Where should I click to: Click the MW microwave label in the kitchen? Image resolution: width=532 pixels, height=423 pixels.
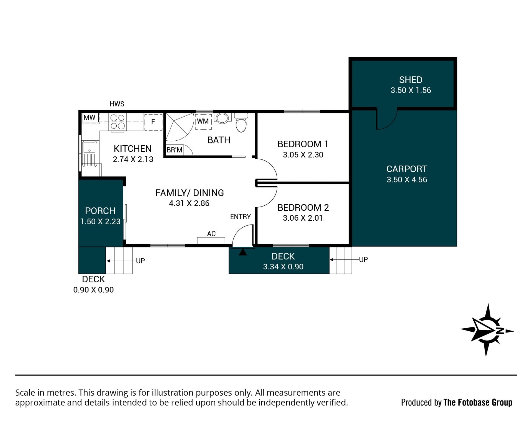pos(89,117)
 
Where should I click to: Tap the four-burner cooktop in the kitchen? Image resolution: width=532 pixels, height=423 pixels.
pos(117,122)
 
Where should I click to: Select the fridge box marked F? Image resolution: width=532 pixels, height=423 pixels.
pos(153,122)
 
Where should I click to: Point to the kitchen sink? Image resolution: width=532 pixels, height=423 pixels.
pos(89,154)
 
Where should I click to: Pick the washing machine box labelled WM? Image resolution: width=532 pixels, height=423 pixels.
pos(203,122)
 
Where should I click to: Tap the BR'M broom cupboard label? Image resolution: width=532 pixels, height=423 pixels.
pos(174,150)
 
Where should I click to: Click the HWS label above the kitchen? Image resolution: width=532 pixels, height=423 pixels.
pos(117,104)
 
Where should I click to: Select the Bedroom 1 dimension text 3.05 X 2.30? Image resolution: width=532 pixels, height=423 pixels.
pos(303,155)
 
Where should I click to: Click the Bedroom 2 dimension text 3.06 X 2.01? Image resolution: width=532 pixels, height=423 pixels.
pos(303,218)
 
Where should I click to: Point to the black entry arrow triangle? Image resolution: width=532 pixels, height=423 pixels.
pos(243,252)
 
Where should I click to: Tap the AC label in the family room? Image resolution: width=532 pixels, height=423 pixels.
pos(211,234)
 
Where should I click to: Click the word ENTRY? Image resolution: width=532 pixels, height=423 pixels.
pos(241,217)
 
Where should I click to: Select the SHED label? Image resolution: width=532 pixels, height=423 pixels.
pos(411,80)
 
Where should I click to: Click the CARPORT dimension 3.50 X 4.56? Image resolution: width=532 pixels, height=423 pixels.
pos(407,180)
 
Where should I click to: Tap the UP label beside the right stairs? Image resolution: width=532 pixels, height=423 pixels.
pos(363,260)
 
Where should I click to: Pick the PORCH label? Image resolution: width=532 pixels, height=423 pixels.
pos(100,211)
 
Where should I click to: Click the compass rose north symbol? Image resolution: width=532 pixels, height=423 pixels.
pos(487,330)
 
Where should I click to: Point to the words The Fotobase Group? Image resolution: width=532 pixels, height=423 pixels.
pos(478,402)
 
